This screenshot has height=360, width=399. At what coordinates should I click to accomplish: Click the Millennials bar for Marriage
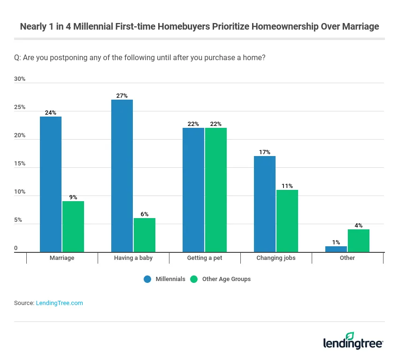pos(51,184)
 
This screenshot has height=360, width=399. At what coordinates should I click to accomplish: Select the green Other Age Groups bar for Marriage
pos(73,227)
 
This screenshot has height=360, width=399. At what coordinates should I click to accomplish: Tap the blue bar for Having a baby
pos(122,176)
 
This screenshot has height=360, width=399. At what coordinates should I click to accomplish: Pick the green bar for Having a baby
pos(144,235)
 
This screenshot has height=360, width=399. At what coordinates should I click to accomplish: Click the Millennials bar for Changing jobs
pos(265,204)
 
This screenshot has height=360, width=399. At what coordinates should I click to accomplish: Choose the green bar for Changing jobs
pos(287,221)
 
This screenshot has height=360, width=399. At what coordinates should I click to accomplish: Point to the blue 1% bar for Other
pos(336,249)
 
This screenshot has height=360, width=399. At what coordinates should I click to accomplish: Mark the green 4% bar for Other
pos(358,241)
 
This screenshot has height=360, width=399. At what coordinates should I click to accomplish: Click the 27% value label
pos(122,96)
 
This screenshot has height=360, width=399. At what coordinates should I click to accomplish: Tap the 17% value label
pos(265,152)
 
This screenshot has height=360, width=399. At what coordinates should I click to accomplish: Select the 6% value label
pos(144,214)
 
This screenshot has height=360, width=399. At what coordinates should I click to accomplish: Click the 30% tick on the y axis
pos(20,79)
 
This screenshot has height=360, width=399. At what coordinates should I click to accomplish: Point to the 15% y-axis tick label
pos(20,164)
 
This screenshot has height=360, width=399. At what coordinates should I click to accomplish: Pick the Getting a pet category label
pos(205,258)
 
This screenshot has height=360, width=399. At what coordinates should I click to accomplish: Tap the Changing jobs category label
pos(276,258)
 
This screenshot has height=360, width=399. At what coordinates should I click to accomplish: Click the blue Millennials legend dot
pos(147,279)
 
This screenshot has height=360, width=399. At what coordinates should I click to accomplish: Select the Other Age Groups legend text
pos(226,279)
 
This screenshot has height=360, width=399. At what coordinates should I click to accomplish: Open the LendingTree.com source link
pos(59,303)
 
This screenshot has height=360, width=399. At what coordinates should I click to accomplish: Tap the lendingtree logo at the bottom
pos(353,341)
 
